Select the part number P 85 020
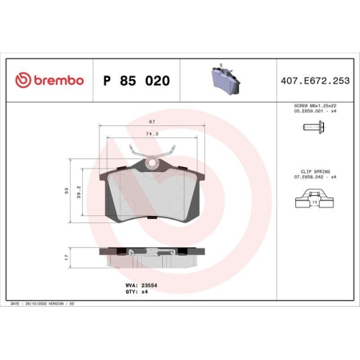[137, 81]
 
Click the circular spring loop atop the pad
[153, 164]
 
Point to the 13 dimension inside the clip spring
[315, 203]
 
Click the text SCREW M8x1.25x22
[314, 105]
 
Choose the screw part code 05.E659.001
[310, 111]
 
